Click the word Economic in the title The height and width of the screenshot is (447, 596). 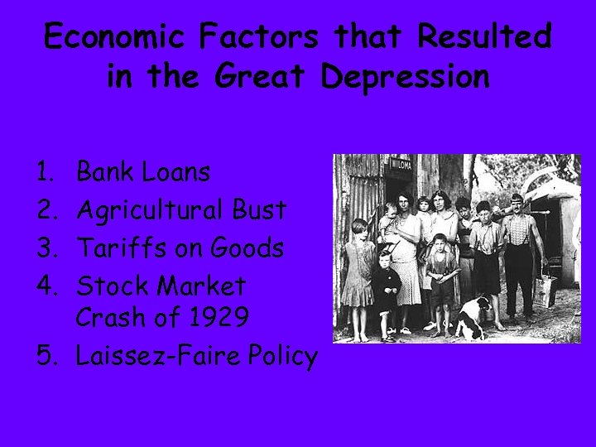tap(114, 37)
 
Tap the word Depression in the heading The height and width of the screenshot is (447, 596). tap(405, 77)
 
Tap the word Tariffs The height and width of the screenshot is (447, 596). tap(115, 248)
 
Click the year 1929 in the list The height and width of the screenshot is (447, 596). tap(218, 317)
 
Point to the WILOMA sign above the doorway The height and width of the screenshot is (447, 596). tap(401, 164)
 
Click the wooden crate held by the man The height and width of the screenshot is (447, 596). tap(545, 291)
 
